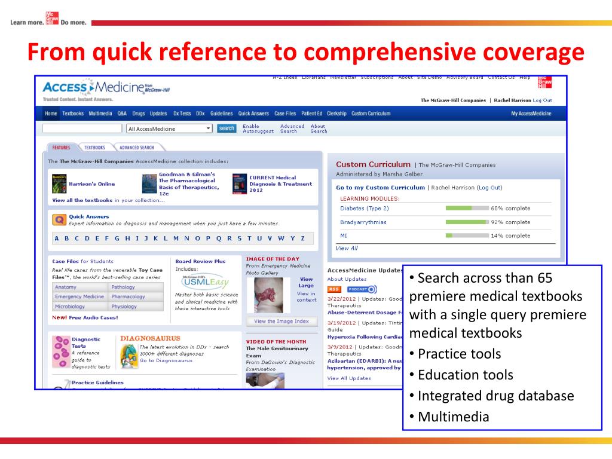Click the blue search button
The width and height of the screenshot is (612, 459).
(227, 128)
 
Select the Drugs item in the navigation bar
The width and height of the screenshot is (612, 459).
(139, 114)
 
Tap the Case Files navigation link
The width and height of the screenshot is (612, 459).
(285, 114)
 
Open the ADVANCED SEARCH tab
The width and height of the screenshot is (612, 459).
(136, 148)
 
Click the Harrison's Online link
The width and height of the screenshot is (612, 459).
(91, 184)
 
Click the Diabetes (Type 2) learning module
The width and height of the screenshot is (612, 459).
(365, 209)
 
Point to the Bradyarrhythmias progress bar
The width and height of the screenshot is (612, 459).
(467, 222)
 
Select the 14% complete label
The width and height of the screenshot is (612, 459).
(510, 236)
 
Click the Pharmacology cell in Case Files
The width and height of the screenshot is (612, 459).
(128, 296)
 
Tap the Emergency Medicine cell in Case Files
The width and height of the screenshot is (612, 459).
(79, 296)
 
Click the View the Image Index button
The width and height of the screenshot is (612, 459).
(281, 322)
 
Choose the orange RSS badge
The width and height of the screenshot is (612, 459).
(333, 289)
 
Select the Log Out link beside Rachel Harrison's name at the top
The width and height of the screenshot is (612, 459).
(542, 100)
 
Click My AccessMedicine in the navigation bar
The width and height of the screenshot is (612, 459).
(531, 114)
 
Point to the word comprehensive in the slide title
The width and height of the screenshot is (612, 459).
(393, 52)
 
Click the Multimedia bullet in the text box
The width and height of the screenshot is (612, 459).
(453, 417)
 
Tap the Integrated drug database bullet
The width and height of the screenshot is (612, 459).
(495, 396)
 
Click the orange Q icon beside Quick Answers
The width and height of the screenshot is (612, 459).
(59, 219)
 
